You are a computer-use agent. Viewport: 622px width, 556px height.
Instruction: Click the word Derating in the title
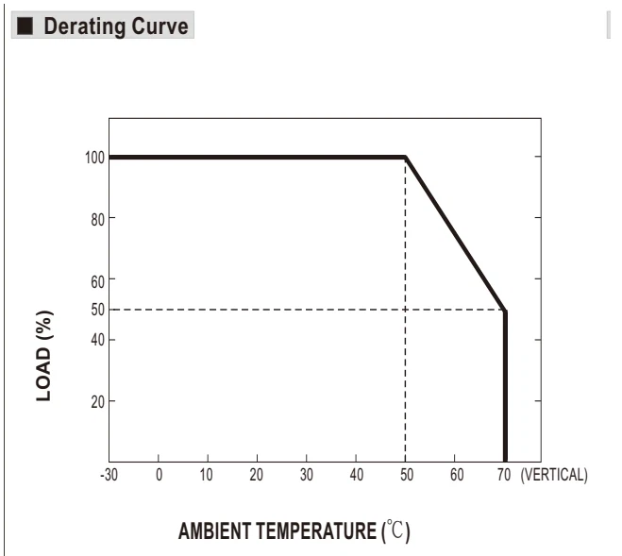tap(85, 26)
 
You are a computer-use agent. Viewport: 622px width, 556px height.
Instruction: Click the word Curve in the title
tap(160, 26)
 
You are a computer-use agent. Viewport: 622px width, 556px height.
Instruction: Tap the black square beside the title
tap(25, 25)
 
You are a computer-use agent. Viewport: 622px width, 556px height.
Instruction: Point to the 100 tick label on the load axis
tap(94, 158)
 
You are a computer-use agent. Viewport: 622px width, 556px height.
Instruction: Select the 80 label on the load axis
tap(97, 219)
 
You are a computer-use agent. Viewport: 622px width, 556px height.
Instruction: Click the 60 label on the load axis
tap(97, 281)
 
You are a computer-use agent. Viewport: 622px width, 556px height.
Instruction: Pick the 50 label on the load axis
tap(97, 310)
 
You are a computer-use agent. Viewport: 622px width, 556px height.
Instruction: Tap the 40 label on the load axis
tap(97, 340)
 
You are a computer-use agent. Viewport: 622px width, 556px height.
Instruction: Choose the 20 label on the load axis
tap(97, 402)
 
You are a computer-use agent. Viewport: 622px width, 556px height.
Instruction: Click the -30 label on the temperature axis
tap(109, 475)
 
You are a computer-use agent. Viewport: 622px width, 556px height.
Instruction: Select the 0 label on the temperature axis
tap(159, 475)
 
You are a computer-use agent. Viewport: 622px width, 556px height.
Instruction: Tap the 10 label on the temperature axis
tap(207, 475)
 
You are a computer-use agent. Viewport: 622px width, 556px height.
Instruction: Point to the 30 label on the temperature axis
tap(306, 475)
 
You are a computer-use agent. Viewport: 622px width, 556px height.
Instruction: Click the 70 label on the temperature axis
tap(504, 475)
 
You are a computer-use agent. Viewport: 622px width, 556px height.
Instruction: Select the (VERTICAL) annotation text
tap(554, 475)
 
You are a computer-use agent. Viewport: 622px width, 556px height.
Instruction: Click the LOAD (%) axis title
tap(44, 356)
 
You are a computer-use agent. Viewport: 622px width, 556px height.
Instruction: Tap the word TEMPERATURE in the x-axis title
tap(316, 531)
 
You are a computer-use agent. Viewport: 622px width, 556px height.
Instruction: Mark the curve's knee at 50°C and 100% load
tap(406, 158)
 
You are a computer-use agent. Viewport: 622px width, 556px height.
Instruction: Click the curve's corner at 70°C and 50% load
tap(505, 311)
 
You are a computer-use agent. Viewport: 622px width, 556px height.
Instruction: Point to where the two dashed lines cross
tap(405, 310)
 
